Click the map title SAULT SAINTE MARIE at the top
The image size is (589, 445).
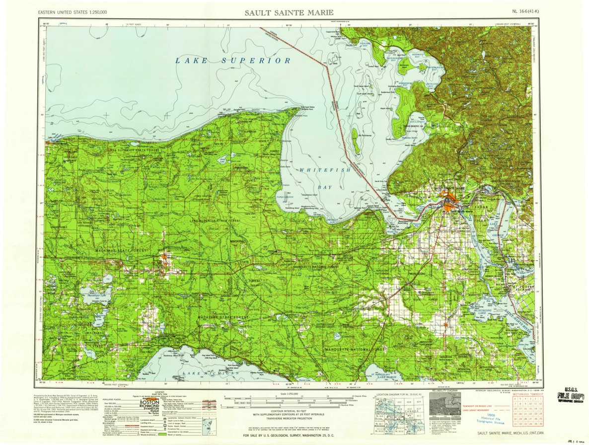[x=289, y=12]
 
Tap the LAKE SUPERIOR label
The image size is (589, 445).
[x=232, y=60]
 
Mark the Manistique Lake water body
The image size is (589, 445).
[x=94, y=295]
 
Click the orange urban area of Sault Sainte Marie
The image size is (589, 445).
[x=451, y=204]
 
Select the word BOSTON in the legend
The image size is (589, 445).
[x=149, y=402]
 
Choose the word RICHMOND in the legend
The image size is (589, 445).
[x=149, y=408]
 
